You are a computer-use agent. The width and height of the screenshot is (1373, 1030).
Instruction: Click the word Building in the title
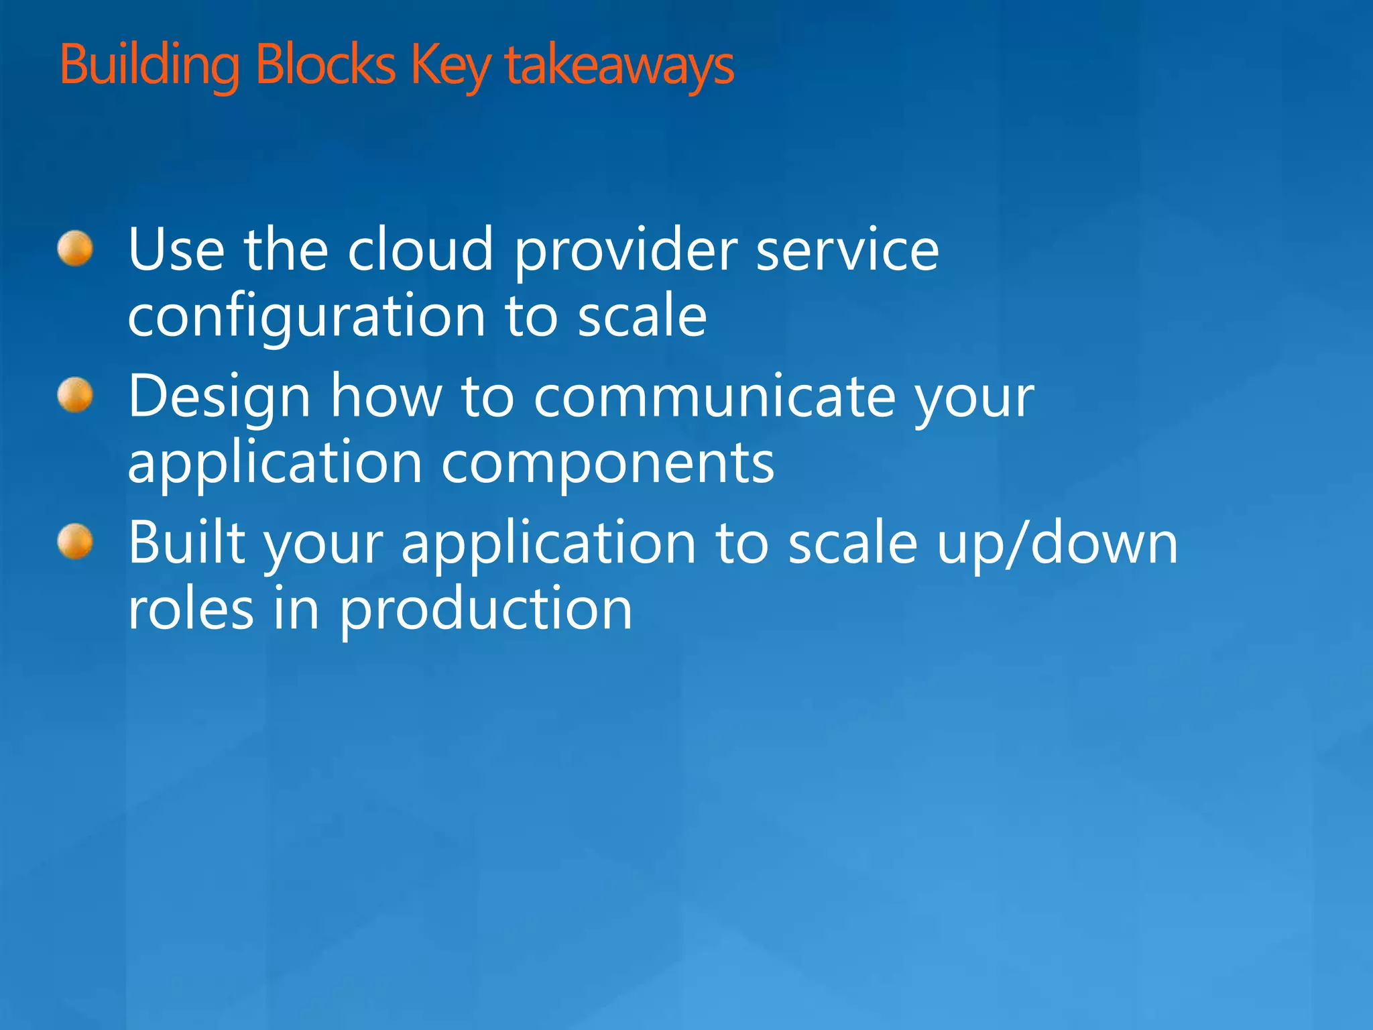[x=150, y=66]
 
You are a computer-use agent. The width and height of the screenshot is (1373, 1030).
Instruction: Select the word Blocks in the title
[x=326, y=66]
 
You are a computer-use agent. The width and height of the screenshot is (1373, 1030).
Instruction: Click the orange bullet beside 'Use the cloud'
[x=75, y=249]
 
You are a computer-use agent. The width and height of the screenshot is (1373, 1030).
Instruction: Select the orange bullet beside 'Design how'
[x=75, y=395]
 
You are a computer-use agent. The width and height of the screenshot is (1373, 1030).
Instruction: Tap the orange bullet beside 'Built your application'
[x=75, y=541]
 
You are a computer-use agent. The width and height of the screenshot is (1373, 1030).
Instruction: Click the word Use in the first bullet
[x=176, y=249]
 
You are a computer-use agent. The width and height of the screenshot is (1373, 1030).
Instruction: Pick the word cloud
[x=420, y=249]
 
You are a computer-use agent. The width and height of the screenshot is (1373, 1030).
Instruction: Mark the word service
[x=847, y=249]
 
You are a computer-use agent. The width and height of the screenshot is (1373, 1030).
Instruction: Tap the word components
[x=607, y=464]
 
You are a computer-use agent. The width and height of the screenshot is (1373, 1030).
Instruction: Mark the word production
[x=485, y=610]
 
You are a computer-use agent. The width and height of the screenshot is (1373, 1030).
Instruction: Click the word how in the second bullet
[x=386, y=396]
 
